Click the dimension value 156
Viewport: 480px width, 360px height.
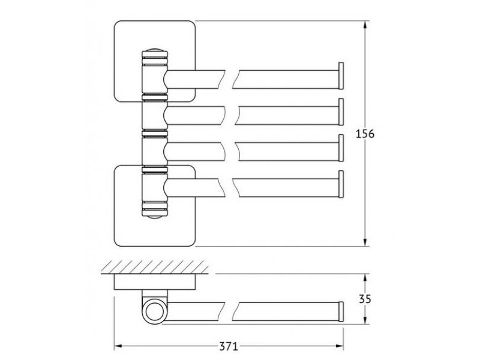365,134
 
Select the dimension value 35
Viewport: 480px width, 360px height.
365,299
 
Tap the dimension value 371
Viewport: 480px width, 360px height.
229,347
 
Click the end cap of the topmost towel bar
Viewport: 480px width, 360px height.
341,76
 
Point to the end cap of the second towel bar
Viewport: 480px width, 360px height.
341,112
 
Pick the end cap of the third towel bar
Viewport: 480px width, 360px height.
341,148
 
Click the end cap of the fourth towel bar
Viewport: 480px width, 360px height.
341,184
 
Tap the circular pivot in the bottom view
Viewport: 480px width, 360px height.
154,311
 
